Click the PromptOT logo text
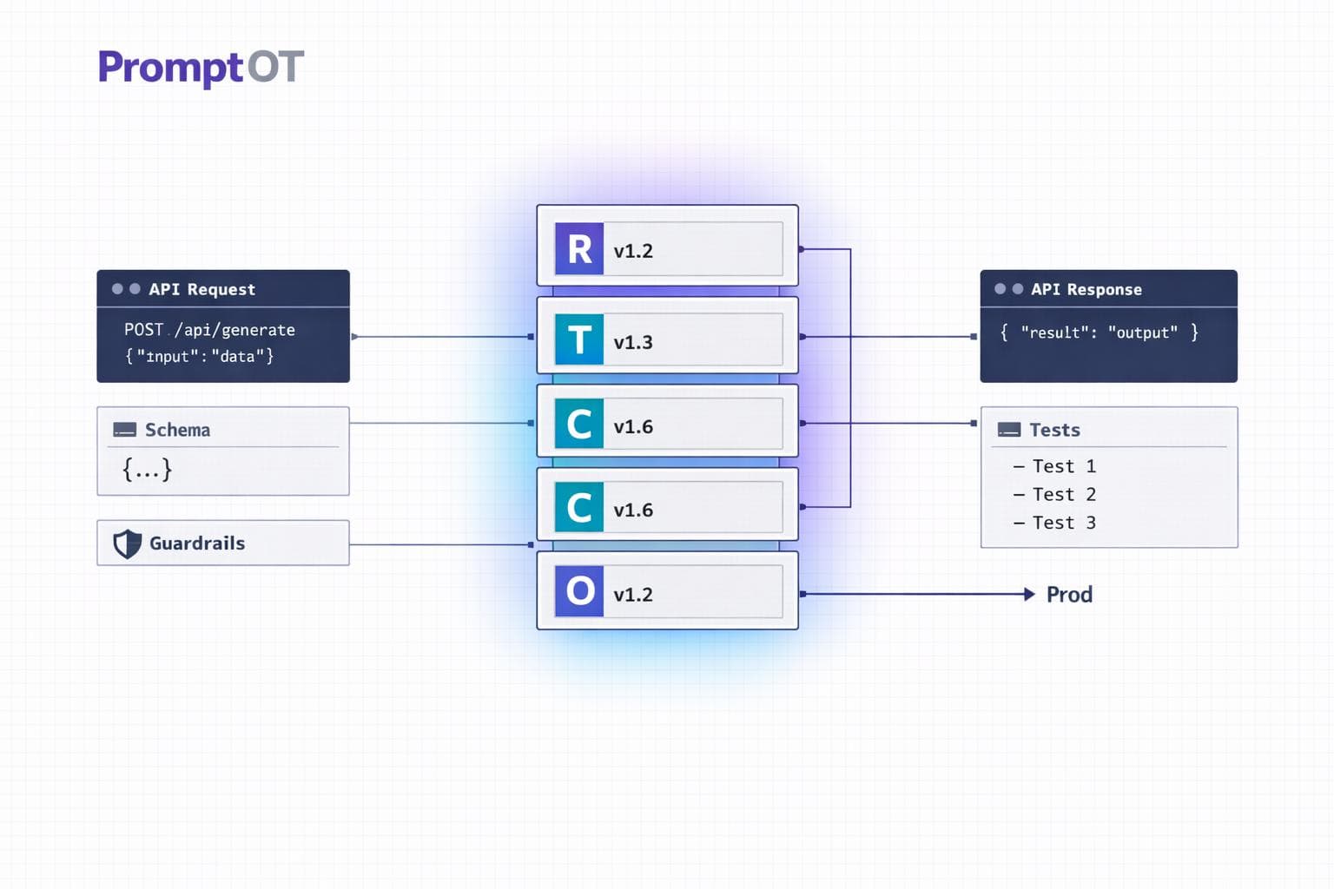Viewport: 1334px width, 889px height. [201, 68]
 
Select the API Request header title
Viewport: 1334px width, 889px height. [201, 289]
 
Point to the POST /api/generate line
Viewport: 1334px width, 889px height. [209, 330]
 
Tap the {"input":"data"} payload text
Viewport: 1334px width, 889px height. [200, 356]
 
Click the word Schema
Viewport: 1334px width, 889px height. [177, 430]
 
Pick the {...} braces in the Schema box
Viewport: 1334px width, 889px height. [147, 470]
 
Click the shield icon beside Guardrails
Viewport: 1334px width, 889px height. [128, 543]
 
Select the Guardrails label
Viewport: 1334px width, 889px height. [197, 543]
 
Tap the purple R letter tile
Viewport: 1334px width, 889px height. [579, 249]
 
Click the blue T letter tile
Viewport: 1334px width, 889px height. [579, 339]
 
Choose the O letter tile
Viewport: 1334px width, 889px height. [579, 592]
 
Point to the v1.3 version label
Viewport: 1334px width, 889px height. [633, 343]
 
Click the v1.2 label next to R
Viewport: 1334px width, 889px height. [633, 252]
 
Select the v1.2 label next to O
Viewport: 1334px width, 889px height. [633, 595]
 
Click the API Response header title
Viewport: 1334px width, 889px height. [1086, 289]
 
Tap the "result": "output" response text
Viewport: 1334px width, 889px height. [1099, 333]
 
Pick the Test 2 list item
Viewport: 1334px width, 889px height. [1063, 495]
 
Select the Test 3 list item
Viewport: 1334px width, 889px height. [1063, 523]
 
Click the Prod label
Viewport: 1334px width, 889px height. [1069, 595]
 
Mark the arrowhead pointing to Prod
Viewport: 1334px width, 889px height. [1029, 594]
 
